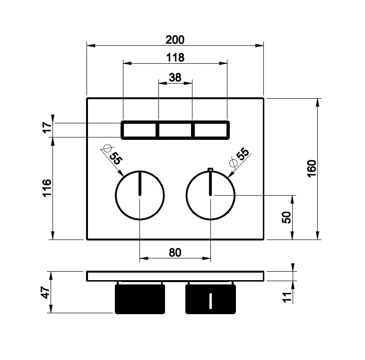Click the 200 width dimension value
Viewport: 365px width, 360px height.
[175, 40]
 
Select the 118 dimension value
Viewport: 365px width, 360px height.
[175, 58]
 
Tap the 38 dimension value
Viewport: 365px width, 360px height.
[175, 77]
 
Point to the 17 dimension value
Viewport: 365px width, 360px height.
[48, 127]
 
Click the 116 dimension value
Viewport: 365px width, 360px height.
[47, 188]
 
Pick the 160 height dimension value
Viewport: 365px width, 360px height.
[312, 169]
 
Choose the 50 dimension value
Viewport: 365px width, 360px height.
[287, 217]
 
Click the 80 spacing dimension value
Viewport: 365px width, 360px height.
[175, 253]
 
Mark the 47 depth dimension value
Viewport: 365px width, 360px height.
[45, 292]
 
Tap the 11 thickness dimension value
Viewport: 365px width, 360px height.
[287, 297]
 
